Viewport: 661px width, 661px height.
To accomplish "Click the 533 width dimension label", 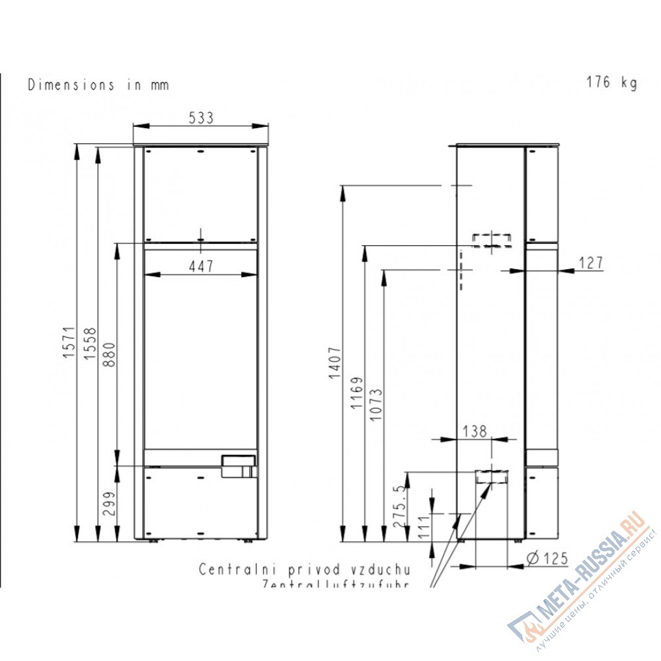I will point(202,118).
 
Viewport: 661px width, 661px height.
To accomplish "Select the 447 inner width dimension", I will point(201,266).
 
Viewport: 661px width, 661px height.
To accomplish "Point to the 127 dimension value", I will point(591,263).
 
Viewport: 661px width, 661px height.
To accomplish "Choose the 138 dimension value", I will point(474,432).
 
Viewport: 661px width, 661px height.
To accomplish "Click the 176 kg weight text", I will point(611,83).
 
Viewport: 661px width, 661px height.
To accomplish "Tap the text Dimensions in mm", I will point(98,85).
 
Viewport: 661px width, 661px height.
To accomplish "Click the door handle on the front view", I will point(239,465).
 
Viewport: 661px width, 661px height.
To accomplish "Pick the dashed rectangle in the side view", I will point(491,239).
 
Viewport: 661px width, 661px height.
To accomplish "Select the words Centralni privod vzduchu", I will point(305,569).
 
